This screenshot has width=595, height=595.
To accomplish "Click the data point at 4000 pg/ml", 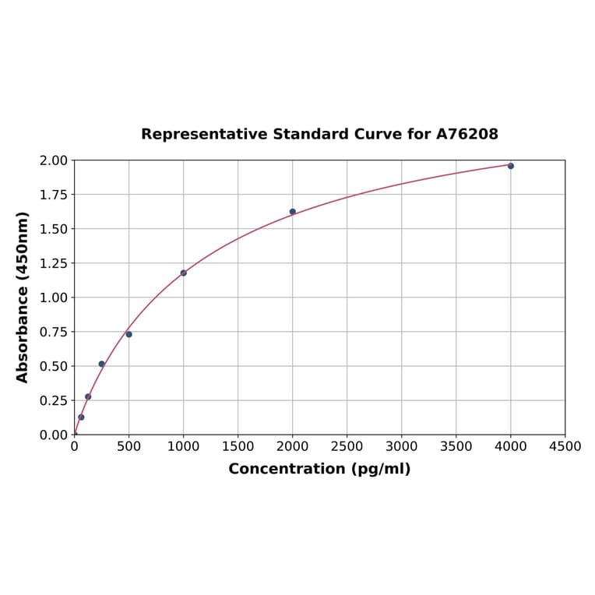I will tap(511, 166).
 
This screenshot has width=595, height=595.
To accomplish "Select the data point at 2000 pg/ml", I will tap(293, 212).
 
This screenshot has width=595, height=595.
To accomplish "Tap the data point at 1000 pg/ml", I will tap(184, 273).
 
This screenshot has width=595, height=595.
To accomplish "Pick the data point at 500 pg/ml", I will tap(129, 335).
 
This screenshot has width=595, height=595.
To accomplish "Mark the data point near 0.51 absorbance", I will tap(102, 364).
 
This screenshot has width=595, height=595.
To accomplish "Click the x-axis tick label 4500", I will tap(565, 447).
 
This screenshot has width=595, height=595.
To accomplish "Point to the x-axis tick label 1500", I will tap(238, 447).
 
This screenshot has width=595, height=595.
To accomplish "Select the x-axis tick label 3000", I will tap(401, 447).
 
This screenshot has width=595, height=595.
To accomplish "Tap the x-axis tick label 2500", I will tap(347, 447).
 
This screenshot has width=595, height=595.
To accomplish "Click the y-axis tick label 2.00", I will tap(54, 160).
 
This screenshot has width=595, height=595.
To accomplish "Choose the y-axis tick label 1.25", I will tap(54, 263).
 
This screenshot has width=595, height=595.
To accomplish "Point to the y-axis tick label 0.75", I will tap(54, 332).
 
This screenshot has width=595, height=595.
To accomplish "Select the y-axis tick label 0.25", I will tap(54, 400).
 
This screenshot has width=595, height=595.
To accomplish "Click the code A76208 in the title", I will tap(466, 135).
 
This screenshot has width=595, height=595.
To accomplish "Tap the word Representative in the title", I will tap(204, 135).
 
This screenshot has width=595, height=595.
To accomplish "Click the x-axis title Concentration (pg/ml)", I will tap(319, 470).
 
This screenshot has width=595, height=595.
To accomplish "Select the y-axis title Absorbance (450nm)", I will tap(23, 297).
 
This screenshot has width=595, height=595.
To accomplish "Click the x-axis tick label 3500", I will tap(456, 447).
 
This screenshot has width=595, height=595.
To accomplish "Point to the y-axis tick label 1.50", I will tap(54, 229).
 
